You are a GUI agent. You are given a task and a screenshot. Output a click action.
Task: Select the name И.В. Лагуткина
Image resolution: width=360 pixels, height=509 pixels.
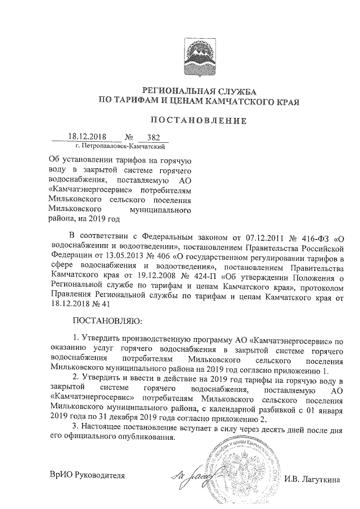pyautogui.click(x=316, y=479)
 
